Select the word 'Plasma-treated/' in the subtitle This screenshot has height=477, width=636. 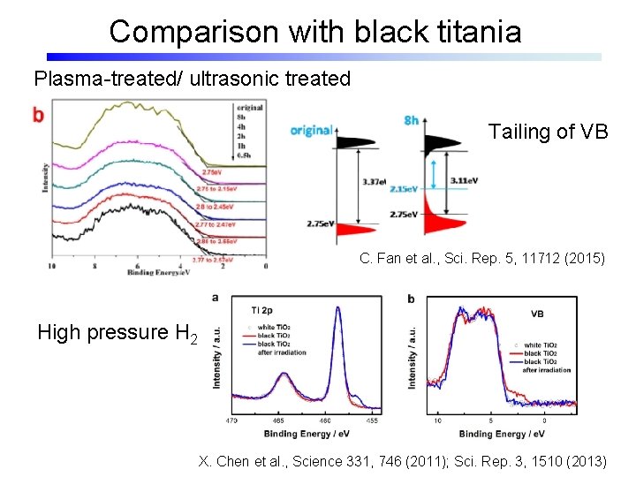(95, 79)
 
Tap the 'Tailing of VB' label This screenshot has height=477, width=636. (548, 132)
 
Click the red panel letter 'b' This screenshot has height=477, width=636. (37, 114)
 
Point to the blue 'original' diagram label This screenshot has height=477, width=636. (312, 131)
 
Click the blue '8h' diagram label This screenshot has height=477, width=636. (411, 120)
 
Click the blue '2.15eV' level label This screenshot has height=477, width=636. (404, 189)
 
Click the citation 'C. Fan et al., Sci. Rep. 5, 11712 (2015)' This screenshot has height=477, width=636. (482, 259)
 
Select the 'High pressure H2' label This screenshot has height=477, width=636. (117, 333)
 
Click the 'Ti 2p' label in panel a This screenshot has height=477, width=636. (261, 310)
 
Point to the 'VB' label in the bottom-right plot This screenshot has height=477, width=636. (537, 314)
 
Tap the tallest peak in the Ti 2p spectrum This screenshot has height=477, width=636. (337, 309)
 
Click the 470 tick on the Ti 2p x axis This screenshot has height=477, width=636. (231, 421)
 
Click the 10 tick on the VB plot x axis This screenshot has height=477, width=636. (438, 421)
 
